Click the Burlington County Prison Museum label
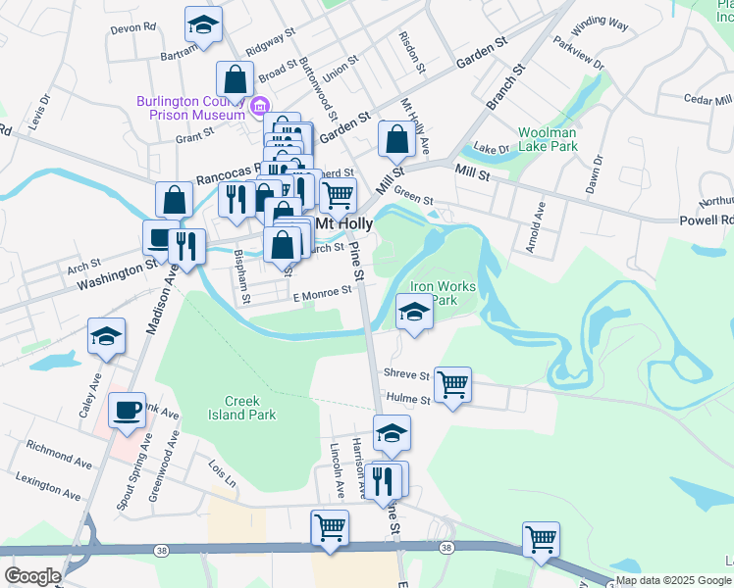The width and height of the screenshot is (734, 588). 190,108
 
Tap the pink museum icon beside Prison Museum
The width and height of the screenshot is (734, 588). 260,106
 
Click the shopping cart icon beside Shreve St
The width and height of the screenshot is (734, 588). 452,384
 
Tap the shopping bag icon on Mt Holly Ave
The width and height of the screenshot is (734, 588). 395,139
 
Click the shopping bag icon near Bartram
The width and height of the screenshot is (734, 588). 236,78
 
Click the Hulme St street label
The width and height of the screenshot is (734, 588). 407,400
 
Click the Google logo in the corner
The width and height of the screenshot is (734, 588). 32,575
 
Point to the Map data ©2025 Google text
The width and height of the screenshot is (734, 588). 673,580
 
